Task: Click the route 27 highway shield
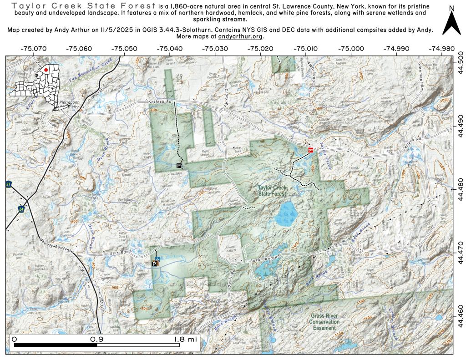click(9, 184)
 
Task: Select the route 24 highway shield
click(21, 209)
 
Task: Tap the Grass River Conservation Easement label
click(324, 322)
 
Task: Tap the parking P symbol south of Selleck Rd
click(179, 165)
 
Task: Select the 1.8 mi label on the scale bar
click(185, 339)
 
